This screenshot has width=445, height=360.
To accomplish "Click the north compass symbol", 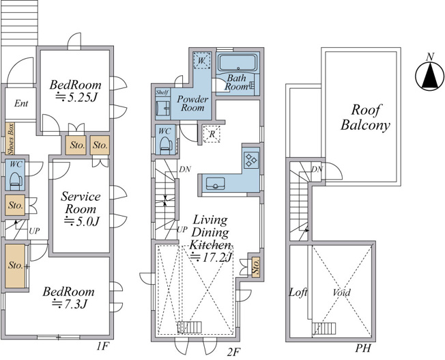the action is tap(430, 76).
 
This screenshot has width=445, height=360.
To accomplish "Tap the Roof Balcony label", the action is tap(365, 117).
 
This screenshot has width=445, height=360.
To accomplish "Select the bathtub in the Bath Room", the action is tap(238, 62).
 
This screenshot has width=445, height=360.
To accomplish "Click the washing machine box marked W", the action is tap(201, 61).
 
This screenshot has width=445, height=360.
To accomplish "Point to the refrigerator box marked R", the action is tap(212, 133).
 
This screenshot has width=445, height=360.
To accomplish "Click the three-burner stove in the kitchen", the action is tap(251, 160).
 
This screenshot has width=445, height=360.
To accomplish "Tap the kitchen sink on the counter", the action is tap(215, 183).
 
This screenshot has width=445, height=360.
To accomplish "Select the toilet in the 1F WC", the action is tap(16, 180).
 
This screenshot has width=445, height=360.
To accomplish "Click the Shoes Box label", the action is tap(11, 139).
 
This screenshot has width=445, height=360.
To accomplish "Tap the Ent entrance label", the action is tap(21, 103).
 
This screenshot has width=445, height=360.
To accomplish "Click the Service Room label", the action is tap(81, 202).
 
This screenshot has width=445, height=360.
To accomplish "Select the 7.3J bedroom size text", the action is tap(70, 304).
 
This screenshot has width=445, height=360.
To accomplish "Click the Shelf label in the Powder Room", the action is tap(162, 92).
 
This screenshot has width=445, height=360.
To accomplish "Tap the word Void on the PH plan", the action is tap(341, 292).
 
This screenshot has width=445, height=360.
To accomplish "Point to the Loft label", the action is tap(298, 292).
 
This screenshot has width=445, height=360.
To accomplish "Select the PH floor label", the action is tap(363, 348).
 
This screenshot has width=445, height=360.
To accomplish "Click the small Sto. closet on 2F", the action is tap(256, 266).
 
